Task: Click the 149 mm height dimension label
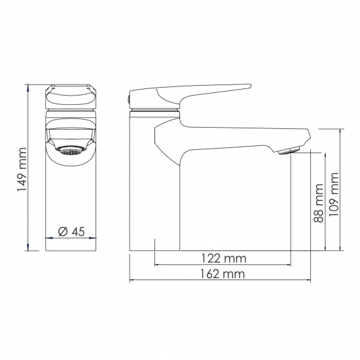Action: (x=22, y=170)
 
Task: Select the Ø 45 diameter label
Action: (x=71, y=232)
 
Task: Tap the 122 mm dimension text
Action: (x=224, y=259)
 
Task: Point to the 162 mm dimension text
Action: (x=223, y=274)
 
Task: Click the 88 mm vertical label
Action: (x=319, y=203)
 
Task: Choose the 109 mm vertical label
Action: (x=334, y=194)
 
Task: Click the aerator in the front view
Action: (x=70, y=151)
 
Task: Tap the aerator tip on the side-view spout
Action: (x=289, y=151)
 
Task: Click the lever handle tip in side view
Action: (x=250, y=86)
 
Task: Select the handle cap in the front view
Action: (x=71, y=97)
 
